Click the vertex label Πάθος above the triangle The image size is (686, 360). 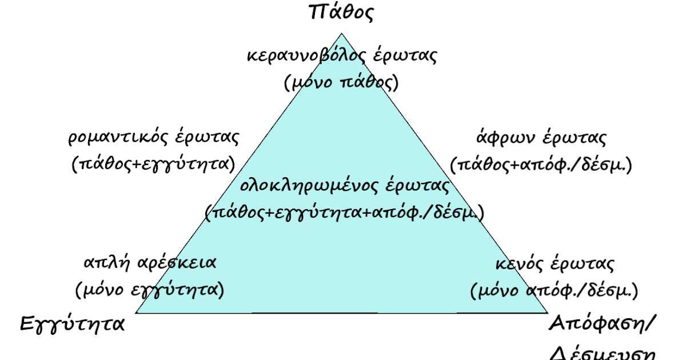click(x=341, y=12)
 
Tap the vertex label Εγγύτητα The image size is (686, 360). click(x=73, y=324)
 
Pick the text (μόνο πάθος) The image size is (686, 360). click(x=341, y=82)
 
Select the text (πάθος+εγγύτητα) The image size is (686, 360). click(x=154, y=164)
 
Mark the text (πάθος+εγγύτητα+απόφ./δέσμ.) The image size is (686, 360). click(x=345, y=212)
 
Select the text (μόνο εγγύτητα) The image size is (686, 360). click(x=150, y=290)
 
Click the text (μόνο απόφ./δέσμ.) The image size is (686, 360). click(x=553, y=290)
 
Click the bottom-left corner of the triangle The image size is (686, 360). click(x=137, y=313)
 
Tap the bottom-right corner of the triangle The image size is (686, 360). click(x=548, y=313)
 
